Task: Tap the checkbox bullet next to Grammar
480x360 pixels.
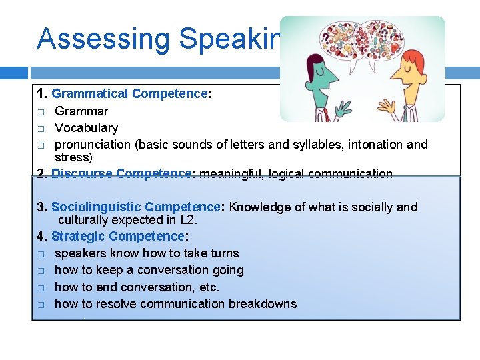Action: coord(41,111)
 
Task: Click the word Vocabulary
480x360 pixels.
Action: coord(86,127)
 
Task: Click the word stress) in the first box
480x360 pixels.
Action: coord(73,157)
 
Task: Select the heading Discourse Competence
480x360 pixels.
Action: coord(121,174)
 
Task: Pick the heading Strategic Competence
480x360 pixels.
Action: coord(117,236)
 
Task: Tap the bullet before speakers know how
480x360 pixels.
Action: coord(41,254)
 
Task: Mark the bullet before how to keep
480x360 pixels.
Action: coord(41,271)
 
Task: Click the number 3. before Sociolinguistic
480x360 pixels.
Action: coord(42,207)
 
